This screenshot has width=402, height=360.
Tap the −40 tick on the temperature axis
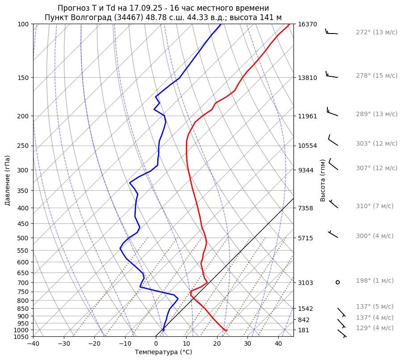click(33, 344)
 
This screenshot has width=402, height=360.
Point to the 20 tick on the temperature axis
click(217, 344)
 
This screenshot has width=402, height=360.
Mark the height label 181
click(303, 331)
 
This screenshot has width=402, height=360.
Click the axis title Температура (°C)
click(163, 352)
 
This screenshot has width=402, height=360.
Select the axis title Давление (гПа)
click(7, 180)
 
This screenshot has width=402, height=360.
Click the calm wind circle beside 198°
click(338, 282)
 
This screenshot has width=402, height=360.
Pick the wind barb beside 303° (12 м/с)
click(332, 141)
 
